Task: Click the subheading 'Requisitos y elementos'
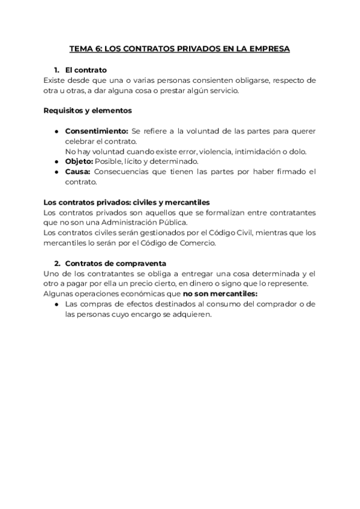[88, 110]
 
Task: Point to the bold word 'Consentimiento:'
[97, 131]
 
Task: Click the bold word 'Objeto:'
[79, 161]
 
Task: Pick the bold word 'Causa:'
[77, 172]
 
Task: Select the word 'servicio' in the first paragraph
[222, 90]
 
